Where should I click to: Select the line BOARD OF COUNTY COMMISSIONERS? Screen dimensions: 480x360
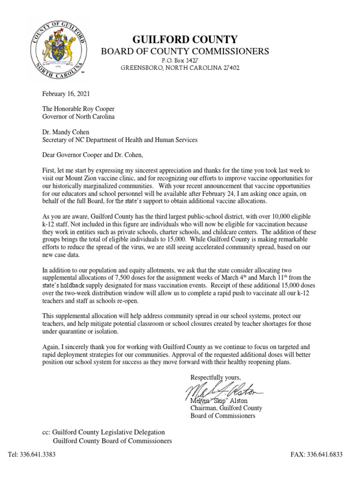coord(186,51)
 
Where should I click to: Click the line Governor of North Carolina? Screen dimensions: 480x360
coord(78,117)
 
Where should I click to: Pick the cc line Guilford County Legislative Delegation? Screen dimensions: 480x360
coord(104,432)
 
